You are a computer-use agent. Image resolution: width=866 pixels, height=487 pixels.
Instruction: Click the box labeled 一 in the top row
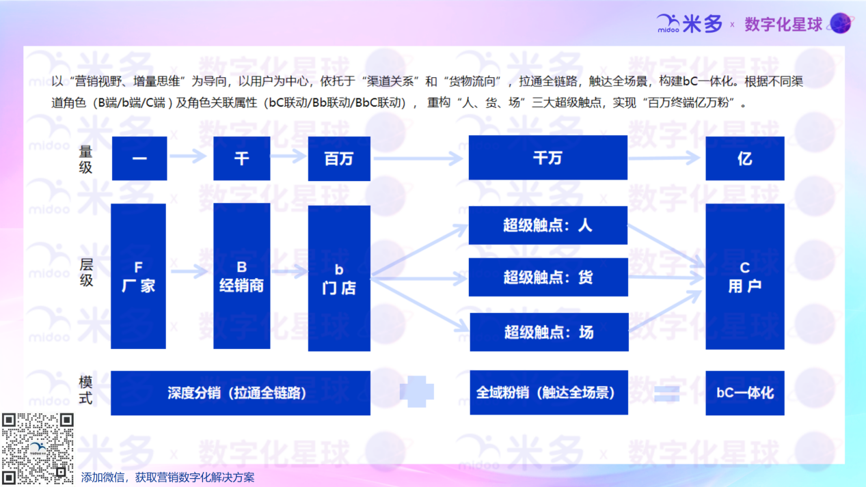pyautogui.click(x=139, y=158)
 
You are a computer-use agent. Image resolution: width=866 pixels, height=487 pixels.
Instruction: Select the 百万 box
pyautogui.click(x=339, y=158)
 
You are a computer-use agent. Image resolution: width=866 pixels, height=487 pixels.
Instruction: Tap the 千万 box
pyautogui.click(x=547, y=158)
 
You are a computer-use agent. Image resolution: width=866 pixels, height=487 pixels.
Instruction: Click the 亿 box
pyautogui.click(x=745, y=158)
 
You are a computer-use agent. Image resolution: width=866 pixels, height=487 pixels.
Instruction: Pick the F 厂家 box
pyautogui.click(x=138, y=276)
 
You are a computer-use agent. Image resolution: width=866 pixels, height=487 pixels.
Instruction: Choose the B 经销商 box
pyautogui.click(x=242, y=276)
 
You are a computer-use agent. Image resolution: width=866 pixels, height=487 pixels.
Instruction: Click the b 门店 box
pyautogui.click(x=339, y=278)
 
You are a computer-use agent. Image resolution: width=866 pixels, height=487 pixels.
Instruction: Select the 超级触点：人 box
pyautogui.click(x=547, y=225)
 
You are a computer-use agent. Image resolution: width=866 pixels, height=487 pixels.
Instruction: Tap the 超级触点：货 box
pyautogui.click(x=548, y=277)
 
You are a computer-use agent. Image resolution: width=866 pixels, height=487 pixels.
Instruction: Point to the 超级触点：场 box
pyautogui.click(x=549, y=332)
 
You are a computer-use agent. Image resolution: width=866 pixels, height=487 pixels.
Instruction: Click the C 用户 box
pyautogui.click(x=745, y=277)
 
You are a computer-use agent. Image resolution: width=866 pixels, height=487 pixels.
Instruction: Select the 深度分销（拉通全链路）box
pyautogui.click(x=241, y=393)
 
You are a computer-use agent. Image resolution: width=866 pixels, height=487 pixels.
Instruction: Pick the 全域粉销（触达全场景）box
pyautogui.click(x=549, y=392)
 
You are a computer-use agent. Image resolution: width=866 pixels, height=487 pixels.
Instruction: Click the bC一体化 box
pyautogui.click(x=745, y=393)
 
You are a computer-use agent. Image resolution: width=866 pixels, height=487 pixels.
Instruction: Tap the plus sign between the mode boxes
pyautogui.click(x=417, y=391)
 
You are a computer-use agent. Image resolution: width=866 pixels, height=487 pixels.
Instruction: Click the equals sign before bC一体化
pyautogui.click(x=667, y=394)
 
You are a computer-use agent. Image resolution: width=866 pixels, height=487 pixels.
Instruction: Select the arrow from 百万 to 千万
pyautogui.click(x=418, y=158)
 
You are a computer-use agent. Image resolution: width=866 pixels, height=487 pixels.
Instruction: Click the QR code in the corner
pyautogui.click(x=38, y=448)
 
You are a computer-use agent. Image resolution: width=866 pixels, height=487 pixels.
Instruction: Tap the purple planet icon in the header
pyautogui.click(x=841, y=23)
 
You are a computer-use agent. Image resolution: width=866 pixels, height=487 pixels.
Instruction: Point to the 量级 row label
pyautogui.click(x=85, y=160)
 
